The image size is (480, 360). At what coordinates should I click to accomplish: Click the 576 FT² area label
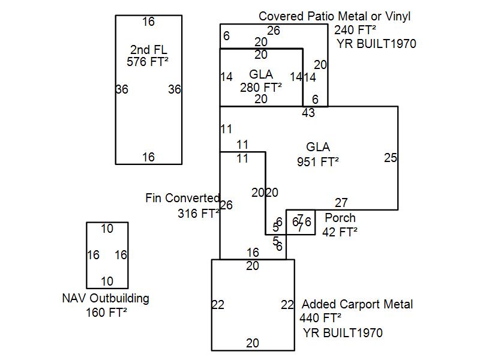tap(148, 61)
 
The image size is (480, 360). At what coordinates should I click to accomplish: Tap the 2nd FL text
tap(148, 49)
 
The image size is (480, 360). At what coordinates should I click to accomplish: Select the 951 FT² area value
tap(318, 161)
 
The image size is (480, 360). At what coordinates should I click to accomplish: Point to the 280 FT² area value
tap(261, 87)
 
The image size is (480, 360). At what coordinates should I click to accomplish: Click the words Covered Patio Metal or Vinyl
tap(335, 16)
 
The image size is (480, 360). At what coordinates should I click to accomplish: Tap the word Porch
tap(340, 218)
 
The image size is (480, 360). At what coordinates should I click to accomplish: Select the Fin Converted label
tap(182, 198)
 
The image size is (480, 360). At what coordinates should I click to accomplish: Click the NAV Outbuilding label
tap(106, 298)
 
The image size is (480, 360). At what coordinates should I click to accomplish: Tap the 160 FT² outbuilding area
tap(106, 312)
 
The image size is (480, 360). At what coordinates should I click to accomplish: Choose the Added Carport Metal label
tap(358, 304)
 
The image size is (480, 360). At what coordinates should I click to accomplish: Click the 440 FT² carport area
tap(320, 318)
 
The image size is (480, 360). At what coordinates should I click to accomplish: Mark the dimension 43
tap(308, 113)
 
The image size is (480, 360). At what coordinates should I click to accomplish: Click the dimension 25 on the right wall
tap(391, 158)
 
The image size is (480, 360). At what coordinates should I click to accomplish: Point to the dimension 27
tap(341, 203)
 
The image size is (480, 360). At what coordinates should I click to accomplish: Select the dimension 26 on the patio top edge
tap(274, 31)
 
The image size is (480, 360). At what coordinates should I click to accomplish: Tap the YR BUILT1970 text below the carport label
tap(343, 333)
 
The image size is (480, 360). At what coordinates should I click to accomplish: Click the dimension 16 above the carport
tap(253, 253)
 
